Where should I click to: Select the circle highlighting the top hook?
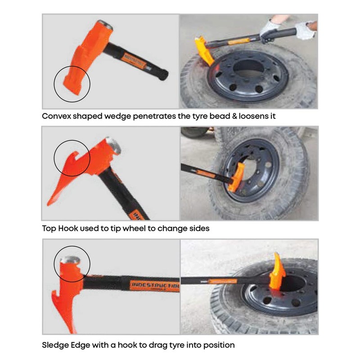point(72,157)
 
